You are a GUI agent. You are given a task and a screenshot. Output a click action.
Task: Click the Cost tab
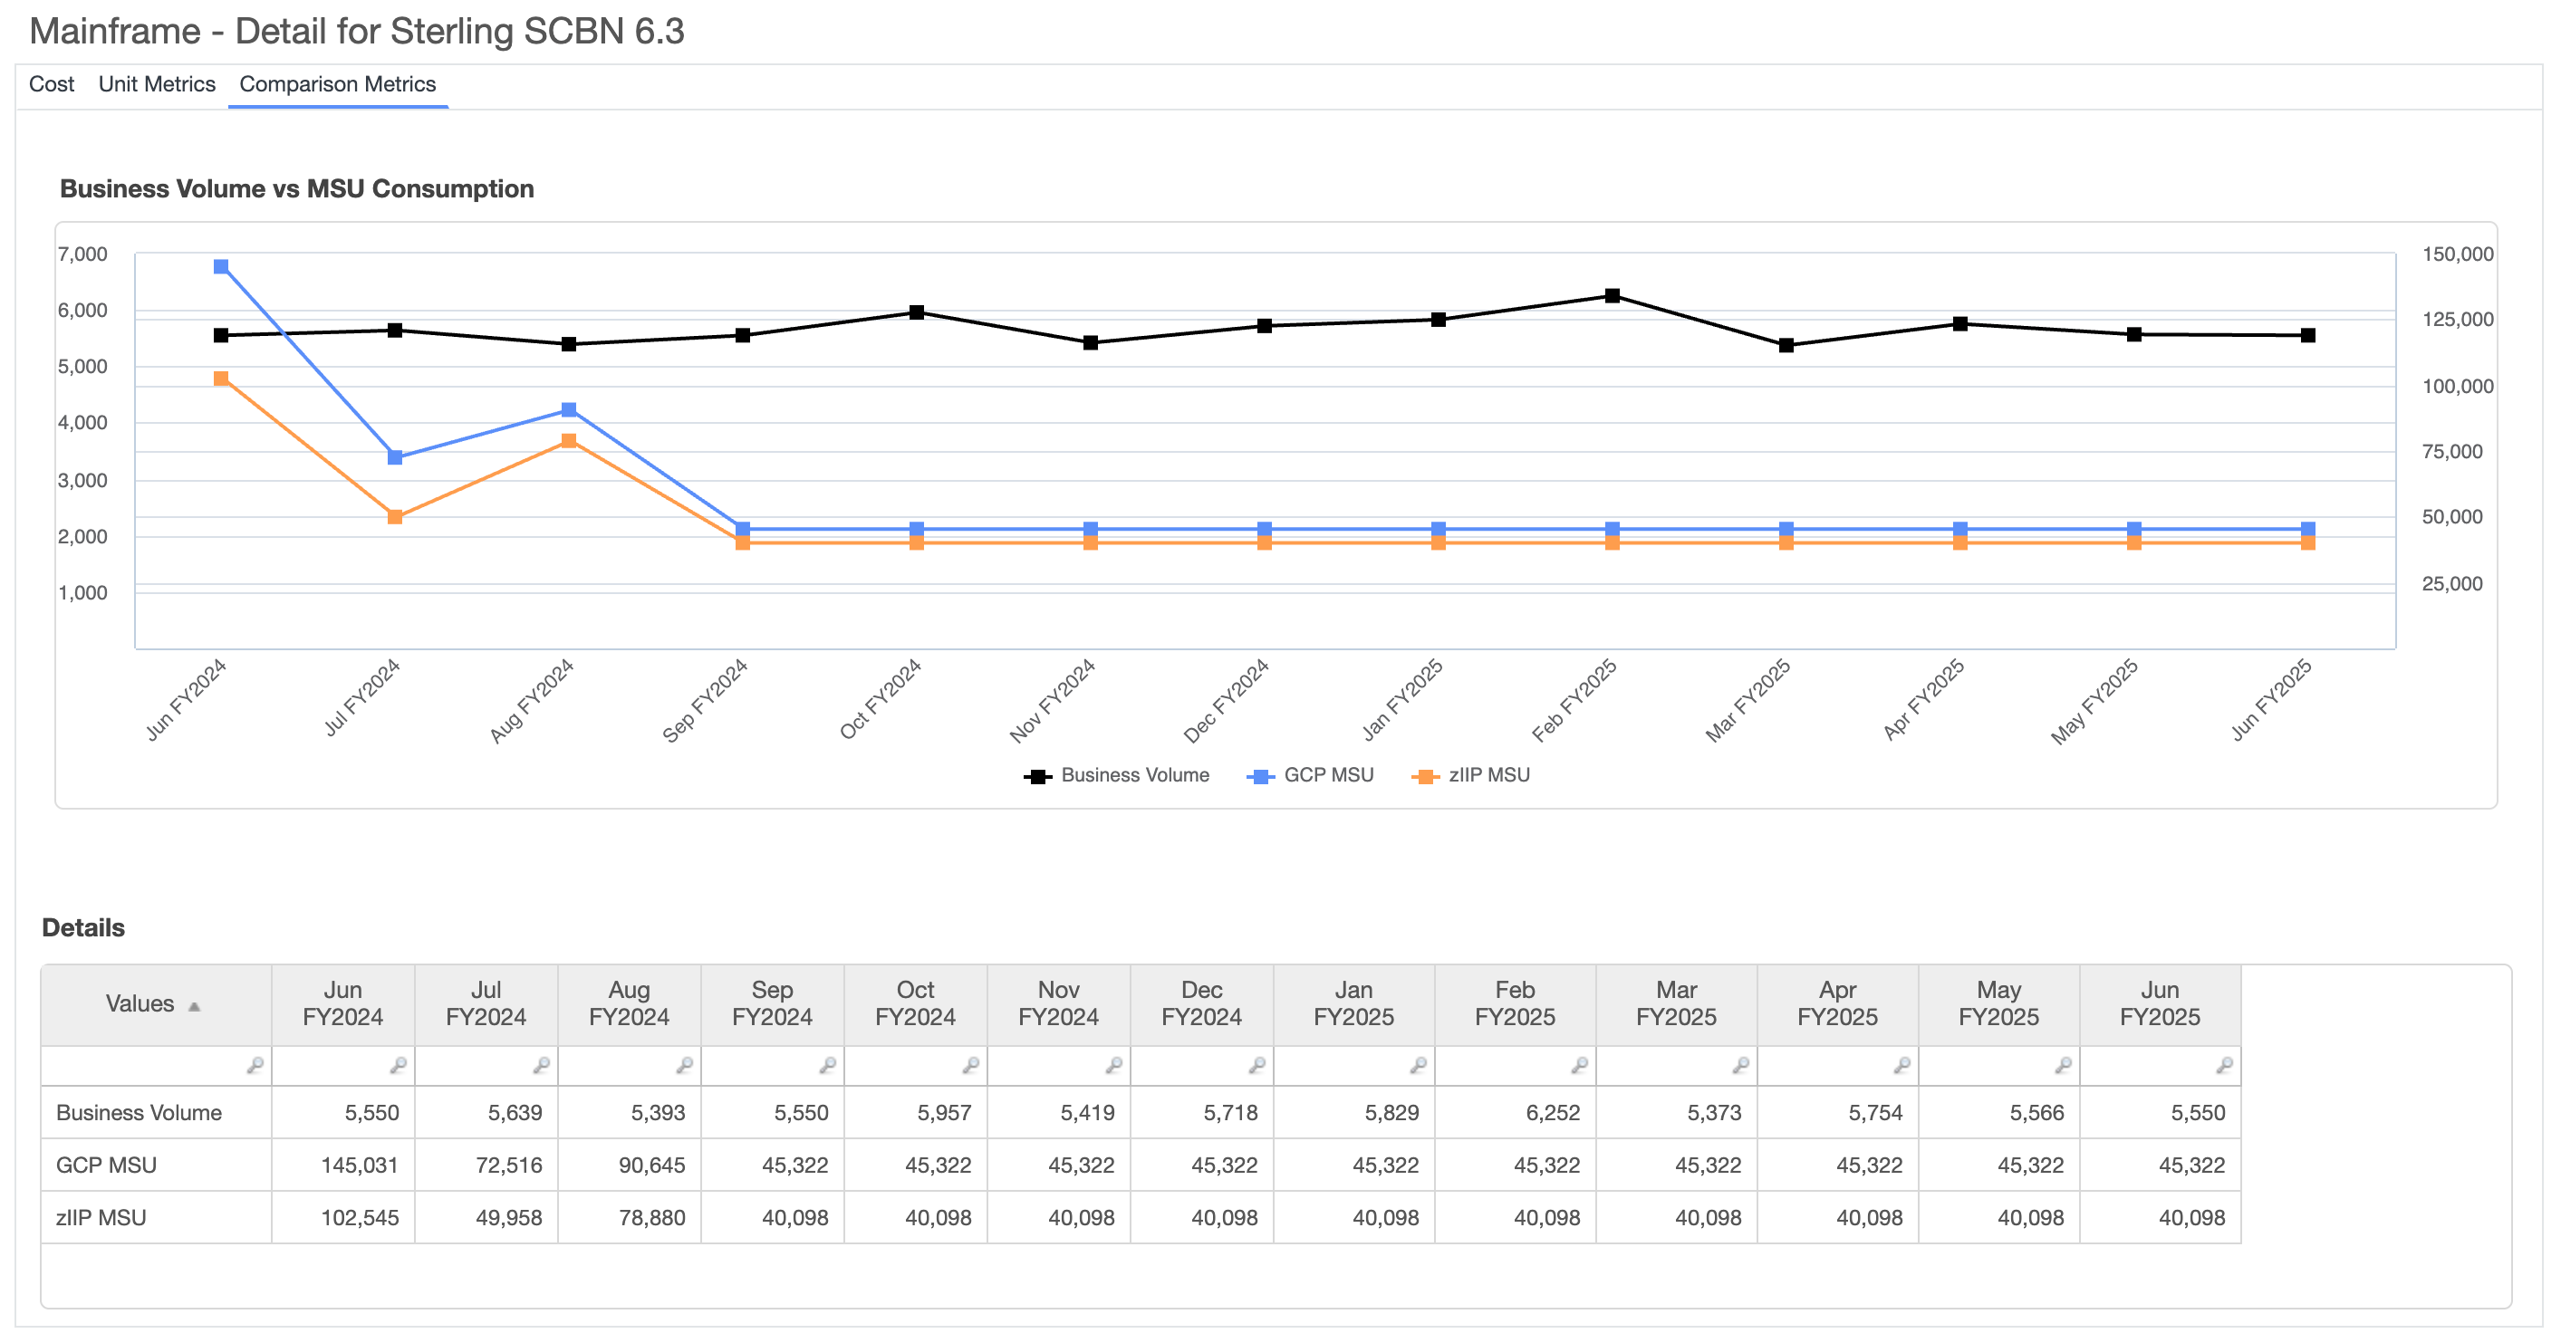point(51,84)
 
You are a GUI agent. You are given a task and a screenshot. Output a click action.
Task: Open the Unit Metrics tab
point(156,84)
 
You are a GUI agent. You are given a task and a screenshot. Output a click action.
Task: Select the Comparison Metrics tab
point(337,84)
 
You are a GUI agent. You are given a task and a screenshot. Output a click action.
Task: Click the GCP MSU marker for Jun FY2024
point(221,266)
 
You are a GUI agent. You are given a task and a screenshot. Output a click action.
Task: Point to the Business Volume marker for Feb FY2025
point(1612,295)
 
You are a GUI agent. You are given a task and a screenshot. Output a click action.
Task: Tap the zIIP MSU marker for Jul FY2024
point(395,517)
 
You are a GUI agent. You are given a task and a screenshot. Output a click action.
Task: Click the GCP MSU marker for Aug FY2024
point(569,409)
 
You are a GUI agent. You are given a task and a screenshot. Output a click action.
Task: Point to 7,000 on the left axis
point(82,254)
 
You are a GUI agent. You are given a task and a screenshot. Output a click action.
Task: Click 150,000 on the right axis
point(2457,254)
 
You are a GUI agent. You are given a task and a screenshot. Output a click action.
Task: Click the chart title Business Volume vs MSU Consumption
point(296,189)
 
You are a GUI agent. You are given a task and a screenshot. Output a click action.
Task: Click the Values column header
point(140,1004)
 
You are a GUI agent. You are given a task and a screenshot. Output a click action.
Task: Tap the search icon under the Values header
point(255,1066)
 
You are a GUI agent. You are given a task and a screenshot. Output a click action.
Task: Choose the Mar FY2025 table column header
point(1675,1004)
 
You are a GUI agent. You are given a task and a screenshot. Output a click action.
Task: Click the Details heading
point(83,927)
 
